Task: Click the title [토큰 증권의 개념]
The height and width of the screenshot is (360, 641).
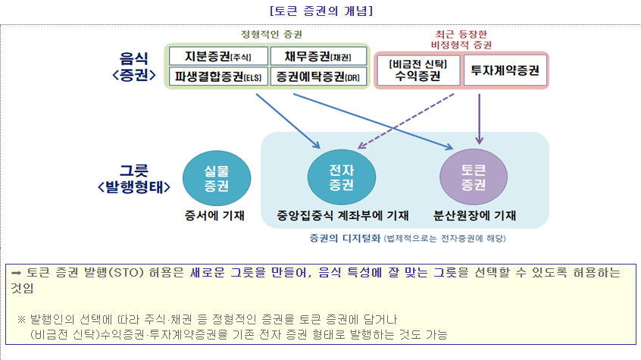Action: (320, 11)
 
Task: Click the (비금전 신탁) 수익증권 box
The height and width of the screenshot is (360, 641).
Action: (417, 70)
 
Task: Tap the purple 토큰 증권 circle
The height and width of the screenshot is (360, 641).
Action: (474, 178)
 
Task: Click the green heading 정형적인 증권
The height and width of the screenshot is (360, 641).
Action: (267, 34)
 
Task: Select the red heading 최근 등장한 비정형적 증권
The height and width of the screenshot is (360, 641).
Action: (461, 39)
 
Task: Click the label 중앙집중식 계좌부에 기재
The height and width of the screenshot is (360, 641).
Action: (343, 216)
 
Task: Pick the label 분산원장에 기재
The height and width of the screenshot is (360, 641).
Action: (474, 216)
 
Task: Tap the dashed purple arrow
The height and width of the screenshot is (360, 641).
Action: (406, 121)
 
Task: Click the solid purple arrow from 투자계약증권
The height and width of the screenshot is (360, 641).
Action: (480, 114)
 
